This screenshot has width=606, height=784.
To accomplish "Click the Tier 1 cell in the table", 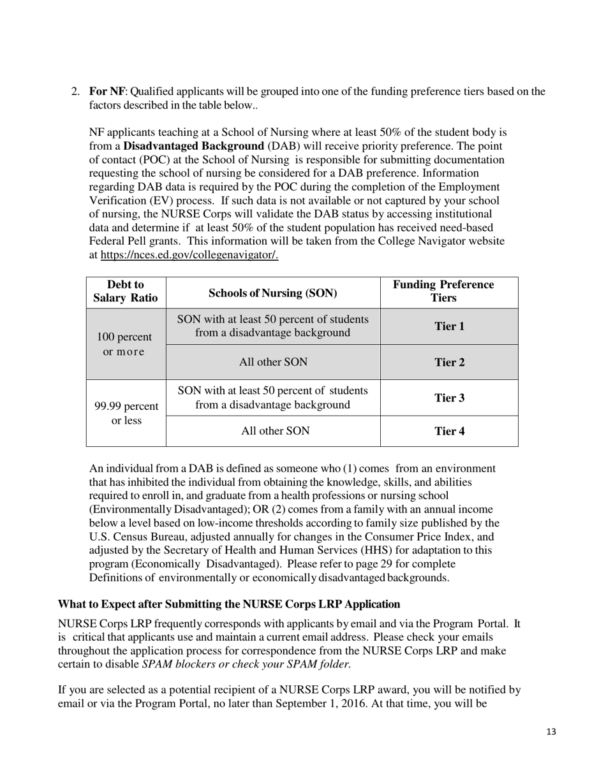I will pos(449,326).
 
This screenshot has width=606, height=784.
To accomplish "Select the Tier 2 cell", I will pos(449,362).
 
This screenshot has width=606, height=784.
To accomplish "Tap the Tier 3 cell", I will pos(449,398).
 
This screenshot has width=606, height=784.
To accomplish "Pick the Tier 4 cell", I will pos(449,431).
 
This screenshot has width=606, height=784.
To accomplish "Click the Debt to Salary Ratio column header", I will pos(126,291).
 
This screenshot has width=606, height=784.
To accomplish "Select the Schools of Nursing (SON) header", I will pos(273,293).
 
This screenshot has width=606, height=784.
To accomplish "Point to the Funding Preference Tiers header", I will pos(449,291).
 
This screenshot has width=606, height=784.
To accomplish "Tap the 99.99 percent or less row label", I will pos(126,414).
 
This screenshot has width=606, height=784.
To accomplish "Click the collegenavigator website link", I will pos(189,255).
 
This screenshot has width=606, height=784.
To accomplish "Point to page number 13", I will pos(551,732).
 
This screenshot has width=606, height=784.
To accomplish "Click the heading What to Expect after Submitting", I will pos(228,604).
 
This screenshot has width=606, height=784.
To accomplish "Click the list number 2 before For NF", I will pos(75,91).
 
